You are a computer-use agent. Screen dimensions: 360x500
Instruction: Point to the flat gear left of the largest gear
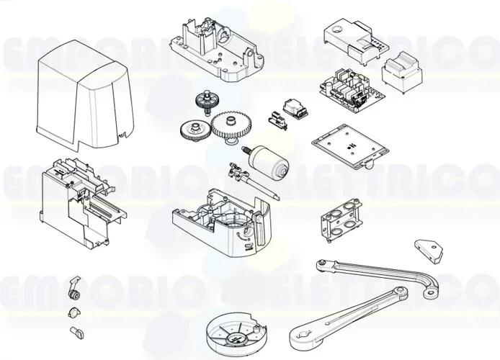point(192,130)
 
